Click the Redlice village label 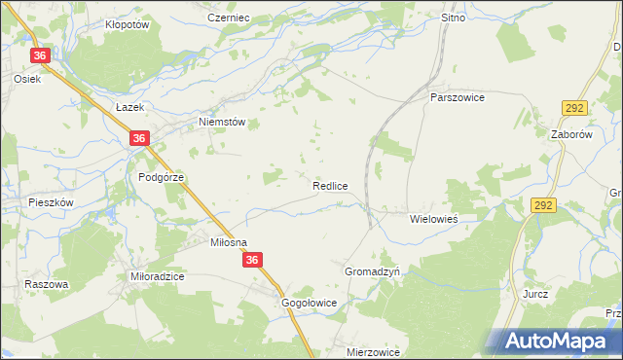[x=330, y=185]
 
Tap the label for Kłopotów [x=127, y=25]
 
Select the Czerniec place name [x=230, y=18]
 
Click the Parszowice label [x=458, y=97]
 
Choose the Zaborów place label [x=571, y=135]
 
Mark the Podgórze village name [x=161, y=177]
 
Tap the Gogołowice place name [x=309, y=303]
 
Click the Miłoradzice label [x=158, y=276]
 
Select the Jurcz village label [x=535, y=294]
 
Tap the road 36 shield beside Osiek [x=40, y=56]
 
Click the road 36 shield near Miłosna [x=253, y=260]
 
